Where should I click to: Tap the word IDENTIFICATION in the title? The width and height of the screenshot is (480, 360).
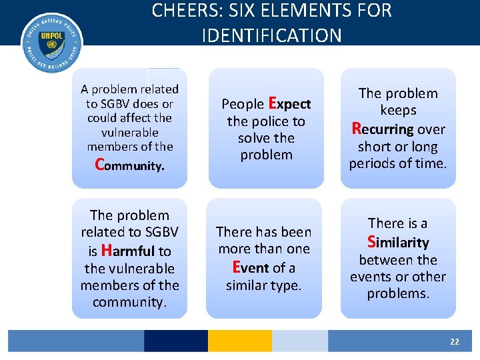click(271, 35)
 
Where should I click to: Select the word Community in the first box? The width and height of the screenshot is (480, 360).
click(129, 164)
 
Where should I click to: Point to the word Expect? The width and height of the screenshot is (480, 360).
click(289, 103)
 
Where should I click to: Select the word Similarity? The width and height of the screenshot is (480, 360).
click(398, 241)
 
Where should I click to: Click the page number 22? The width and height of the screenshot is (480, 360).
click(454, 341)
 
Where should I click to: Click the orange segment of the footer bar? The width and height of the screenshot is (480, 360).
click(239, 341)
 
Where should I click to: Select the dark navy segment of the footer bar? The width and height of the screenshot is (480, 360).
click(175, 341)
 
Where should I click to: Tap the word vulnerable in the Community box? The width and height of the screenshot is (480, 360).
click(129, 132)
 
